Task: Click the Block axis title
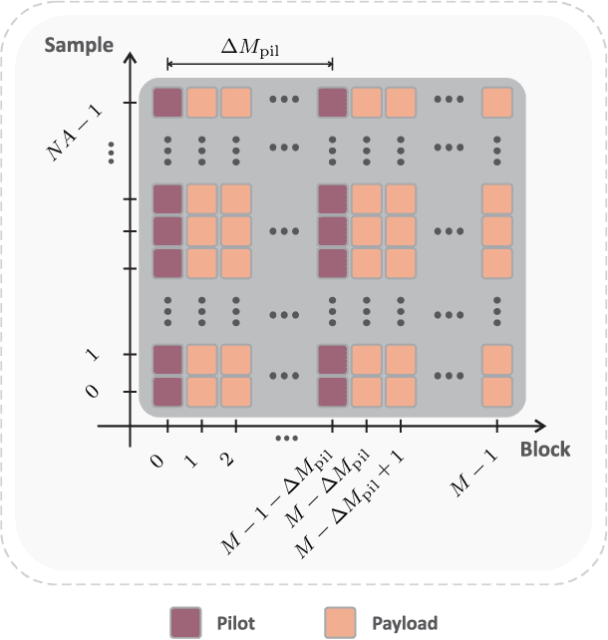tap(545, 450)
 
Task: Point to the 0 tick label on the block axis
tap(157, 464)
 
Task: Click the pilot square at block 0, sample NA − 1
tap(167, 103)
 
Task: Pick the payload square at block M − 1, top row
tap(496, 103)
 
